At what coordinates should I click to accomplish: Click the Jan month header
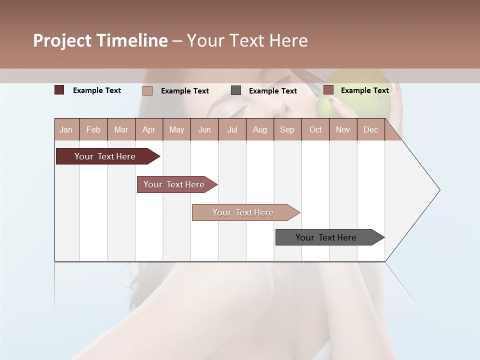click(66, 129)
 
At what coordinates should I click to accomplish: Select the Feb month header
click(93, 129)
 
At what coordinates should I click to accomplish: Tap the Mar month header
click(121, 129)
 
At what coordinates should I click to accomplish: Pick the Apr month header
click(148, 129)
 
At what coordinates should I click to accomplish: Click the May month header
click(176, 129)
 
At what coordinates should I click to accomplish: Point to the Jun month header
click(204, 129)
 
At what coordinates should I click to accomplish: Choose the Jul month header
click(232, 129)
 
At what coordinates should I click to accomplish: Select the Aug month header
click(260, 129)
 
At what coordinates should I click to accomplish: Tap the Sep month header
click(287, 129)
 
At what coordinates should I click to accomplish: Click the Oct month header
click(315, 129)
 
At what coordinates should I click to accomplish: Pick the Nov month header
click(343, 129)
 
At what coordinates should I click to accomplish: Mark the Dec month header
click(370, 129)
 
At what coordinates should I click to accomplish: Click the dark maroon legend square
click(59, 90)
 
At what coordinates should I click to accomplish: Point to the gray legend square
click(236, 90)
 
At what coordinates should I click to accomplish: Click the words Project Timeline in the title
click(100, 40)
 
